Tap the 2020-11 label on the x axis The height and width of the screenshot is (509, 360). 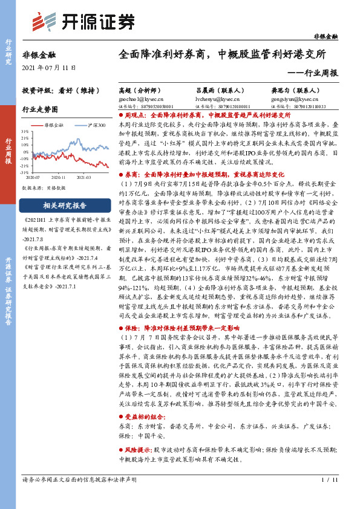[x=58, y=178]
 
